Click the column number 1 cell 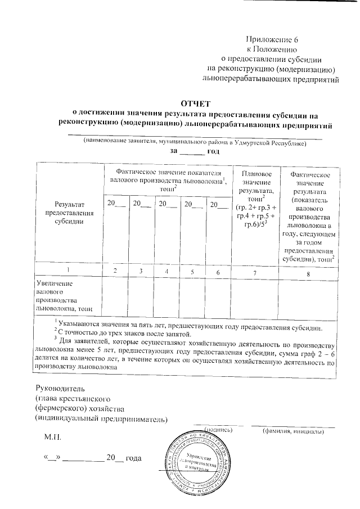(x=67, y=271)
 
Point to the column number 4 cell (x=166, y=271)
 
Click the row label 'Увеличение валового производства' (x=64, y=297)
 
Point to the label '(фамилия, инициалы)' (x=292, y=431)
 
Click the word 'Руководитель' (x=60, y=388)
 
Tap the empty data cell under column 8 (x=308, y=297)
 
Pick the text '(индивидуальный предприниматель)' (x=101, y=418)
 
